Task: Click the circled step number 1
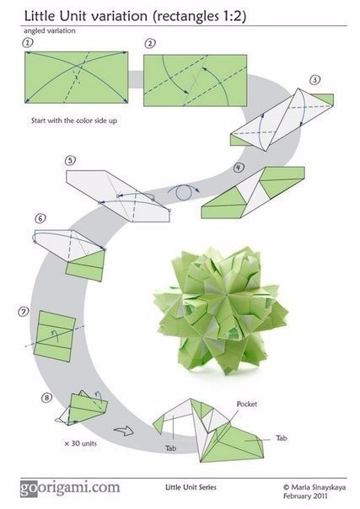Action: coord(28,43)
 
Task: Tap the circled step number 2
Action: coord(149,44)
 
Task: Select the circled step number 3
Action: coord(314,80)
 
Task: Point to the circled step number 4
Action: coord(239,168)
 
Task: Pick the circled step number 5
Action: coord(70,160)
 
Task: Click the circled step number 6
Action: coord(40,218)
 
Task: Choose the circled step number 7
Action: coord(24,312)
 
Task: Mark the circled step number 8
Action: coord(46,397)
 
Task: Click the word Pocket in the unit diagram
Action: coord(247,405)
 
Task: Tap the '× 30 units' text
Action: coord(80,443)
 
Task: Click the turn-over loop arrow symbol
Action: coord(184,192)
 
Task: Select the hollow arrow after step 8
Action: coord(124,431)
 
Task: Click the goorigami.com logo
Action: coord(70,488)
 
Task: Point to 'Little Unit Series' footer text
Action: coord(191,487)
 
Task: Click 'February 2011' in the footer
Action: coord(305,496)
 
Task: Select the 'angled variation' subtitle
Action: coord(50,31)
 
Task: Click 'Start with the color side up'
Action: coord(74,121)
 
